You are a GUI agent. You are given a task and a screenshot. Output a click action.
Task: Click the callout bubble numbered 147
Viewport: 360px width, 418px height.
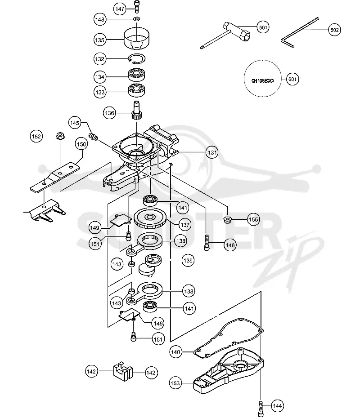(x=120, y=9)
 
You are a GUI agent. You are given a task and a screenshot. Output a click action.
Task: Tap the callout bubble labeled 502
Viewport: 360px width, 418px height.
(x=334, y=30)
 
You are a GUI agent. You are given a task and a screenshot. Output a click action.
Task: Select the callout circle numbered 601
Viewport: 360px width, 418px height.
(x=292, y=79)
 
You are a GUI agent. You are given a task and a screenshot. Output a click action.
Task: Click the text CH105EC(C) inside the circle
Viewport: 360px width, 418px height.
(x=263, y=80)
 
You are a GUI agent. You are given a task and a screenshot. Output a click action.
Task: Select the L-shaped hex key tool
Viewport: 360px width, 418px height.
(x=299, y=32)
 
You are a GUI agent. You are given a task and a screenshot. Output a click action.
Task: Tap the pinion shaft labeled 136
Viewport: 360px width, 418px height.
(x=137, y=110)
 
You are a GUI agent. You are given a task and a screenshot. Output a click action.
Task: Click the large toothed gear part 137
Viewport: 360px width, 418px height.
(x=150, y=219)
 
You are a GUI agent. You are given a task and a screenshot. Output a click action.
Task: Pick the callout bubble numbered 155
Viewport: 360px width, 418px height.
(x=253, y=219)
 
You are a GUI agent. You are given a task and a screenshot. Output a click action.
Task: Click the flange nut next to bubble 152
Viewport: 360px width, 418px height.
(x=60, y=136)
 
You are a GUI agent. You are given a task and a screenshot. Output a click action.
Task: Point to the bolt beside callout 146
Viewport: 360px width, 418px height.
(x=207, y=242)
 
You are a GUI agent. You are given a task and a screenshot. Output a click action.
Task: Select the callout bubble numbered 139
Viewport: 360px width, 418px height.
(x=188, y=260)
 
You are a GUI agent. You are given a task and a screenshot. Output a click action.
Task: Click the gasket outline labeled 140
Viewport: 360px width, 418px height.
(x=229, y=337)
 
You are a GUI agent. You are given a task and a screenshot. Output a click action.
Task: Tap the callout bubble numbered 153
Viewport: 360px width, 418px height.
(x=175, y=383)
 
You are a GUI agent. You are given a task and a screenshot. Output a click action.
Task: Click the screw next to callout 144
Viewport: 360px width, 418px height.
(x=261, y=409)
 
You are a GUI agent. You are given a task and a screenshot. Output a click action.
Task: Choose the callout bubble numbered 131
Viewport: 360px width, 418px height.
(x=212, y=152)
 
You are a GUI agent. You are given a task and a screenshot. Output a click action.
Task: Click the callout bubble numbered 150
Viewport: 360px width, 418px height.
(x=81, y=144)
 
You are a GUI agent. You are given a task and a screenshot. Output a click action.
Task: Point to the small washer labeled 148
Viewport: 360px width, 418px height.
(x=137, y=19)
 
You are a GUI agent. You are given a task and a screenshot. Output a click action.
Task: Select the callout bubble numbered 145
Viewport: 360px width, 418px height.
(x=74, y=123)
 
